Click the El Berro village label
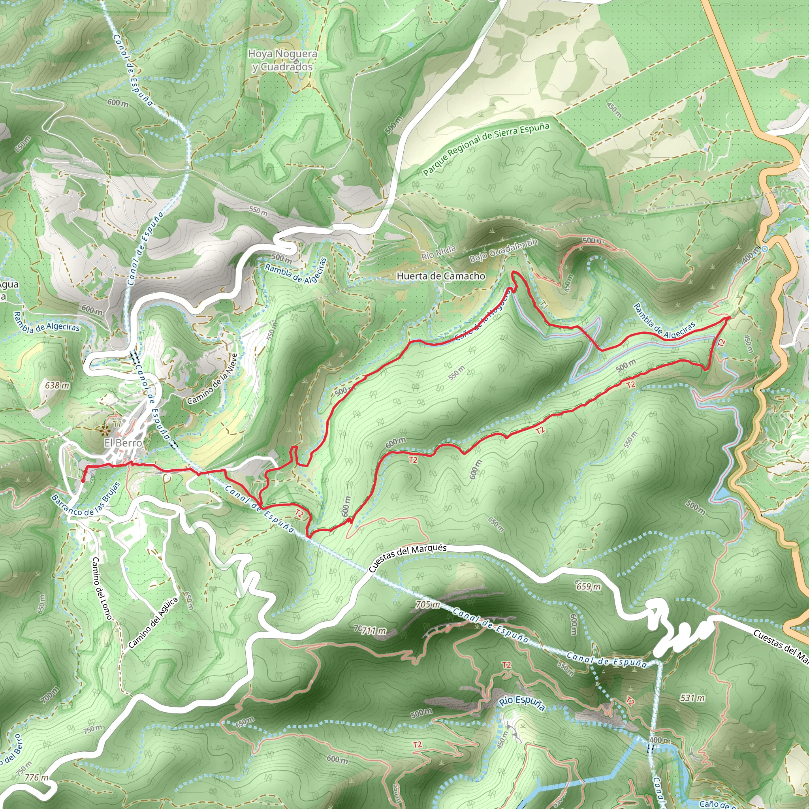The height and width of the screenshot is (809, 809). (123, 442)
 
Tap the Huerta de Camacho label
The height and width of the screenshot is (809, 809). (440, 276)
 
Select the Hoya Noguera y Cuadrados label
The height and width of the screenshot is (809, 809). (282, 60)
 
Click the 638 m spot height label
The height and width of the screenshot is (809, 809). (57, 385)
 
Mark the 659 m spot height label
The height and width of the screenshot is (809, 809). (588, 586)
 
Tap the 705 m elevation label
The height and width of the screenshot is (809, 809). (427, 605)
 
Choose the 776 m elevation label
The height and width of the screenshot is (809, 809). (37, 777)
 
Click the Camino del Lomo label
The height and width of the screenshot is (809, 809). (102, 588)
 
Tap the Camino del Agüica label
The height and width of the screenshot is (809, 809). (153, 623)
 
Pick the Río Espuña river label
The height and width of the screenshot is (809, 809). (522, 703)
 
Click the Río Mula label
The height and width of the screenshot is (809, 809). (438, 253)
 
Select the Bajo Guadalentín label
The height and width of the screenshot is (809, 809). (503, 250)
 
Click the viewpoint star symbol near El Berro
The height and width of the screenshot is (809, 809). (104, 429)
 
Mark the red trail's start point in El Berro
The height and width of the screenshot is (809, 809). (83, 481)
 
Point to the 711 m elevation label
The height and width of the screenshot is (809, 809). (374, 630)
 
